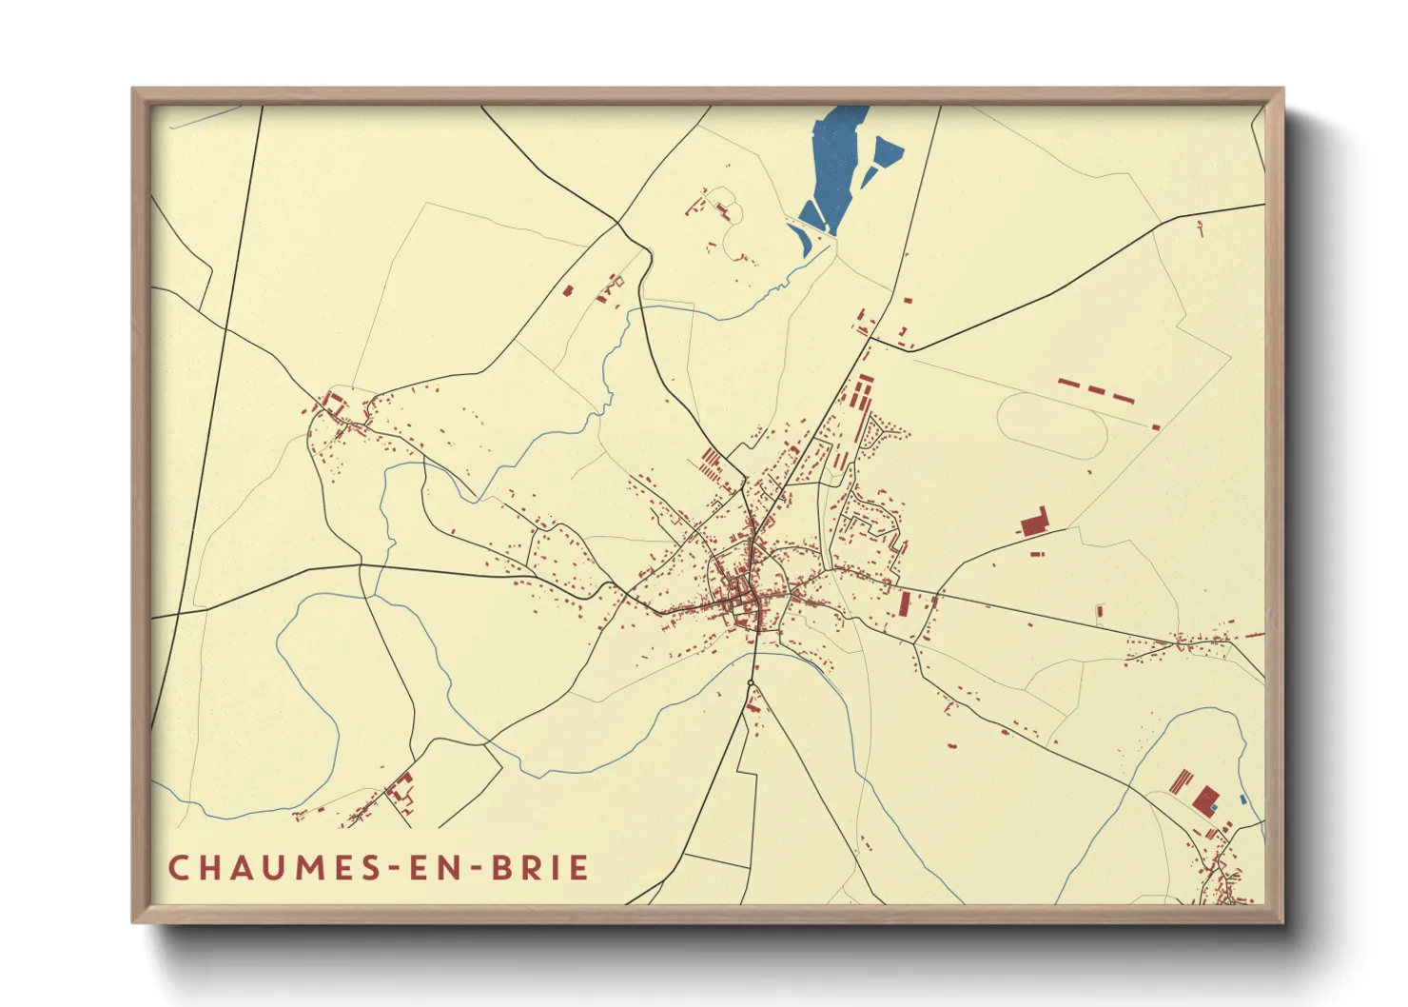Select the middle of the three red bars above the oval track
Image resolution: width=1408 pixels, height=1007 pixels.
[1097, 391]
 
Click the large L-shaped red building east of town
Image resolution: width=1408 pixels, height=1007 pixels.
[1033, 523]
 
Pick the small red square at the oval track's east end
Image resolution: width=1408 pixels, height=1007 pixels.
[1156, 427]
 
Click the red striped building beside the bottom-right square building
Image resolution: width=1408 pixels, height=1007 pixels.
[1181, 781]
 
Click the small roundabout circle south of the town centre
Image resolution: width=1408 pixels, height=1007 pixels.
[751, 683]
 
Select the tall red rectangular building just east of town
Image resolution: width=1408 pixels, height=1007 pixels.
[905, 603]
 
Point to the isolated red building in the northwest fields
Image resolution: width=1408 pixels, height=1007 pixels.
[568, 291]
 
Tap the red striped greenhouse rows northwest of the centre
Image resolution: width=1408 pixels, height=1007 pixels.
[710, 464]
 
